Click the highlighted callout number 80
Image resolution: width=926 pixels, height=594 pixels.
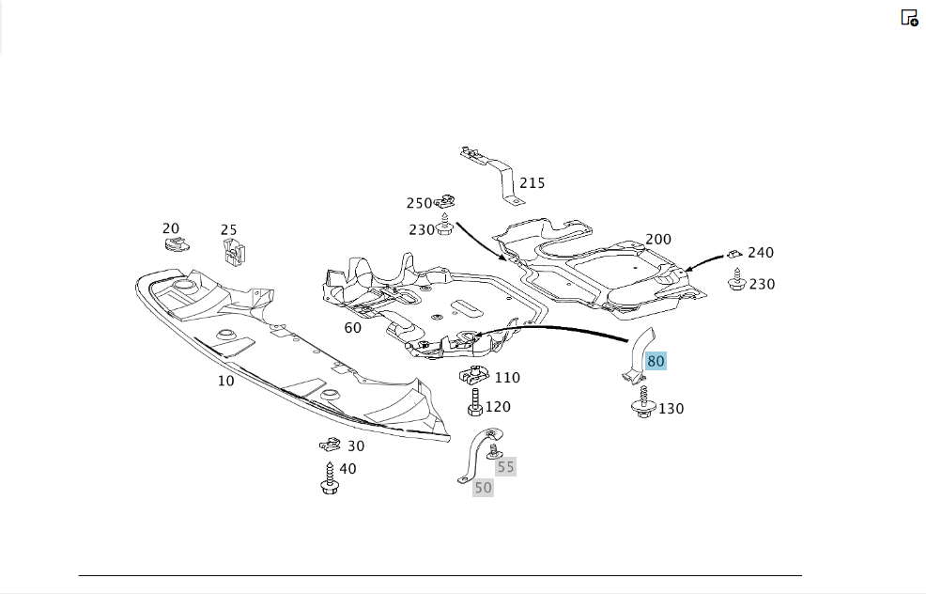coord(656,361)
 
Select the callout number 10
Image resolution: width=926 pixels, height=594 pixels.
coord(226,382)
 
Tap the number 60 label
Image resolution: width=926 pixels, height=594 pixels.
coord(352,328)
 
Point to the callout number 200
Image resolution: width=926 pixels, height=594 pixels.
coord(658,240)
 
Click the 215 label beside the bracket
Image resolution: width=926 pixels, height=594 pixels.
coord(532,183)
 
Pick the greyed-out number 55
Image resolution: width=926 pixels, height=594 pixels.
coord(505,467)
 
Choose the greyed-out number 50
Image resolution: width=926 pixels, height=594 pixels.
coord(483,488)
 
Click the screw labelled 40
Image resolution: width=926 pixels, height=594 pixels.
coord(330,478)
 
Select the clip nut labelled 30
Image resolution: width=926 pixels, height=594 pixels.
coord(331,444)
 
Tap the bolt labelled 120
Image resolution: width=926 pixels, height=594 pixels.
coord(475,402)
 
